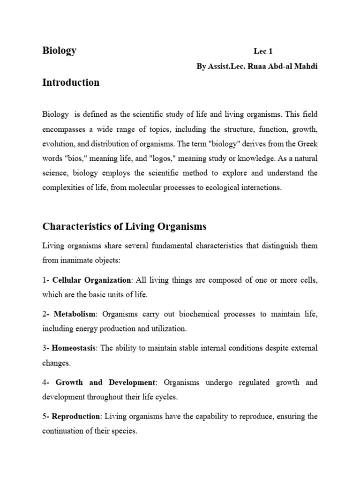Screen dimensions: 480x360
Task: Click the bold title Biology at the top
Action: pos(60,51)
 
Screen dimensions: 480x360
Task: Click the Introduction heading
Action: pos(71,82)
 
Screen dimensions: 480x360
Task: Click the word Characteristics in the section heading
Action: pos(74,227)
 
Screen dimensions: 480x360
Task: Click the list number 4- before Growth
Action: pos(46,382)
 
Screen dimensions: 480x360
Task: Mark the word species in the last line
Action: pos(123,431)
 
